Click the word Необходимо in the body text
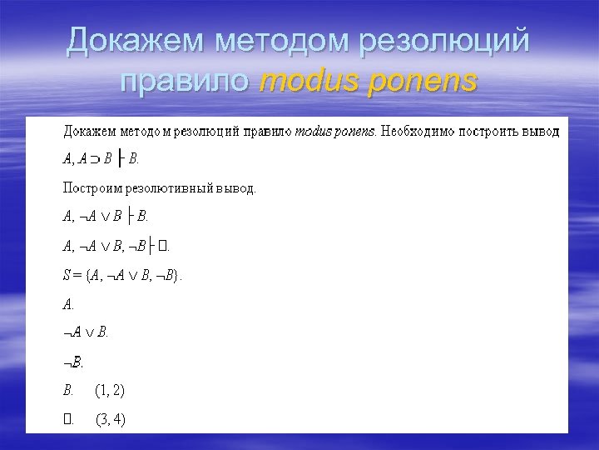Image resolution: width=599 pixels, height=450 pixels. pos(416,131)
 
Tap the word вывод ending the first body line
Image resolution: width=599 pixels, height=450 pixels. pos(542,131)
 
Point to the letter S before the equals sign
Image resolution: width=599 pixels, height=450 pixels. pos(67,276)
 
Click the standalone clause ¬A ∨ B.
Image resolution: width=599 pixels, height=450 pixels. pos(86,332)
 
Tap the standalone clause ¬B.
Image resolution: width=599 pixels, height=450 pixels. pos(73,362)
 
